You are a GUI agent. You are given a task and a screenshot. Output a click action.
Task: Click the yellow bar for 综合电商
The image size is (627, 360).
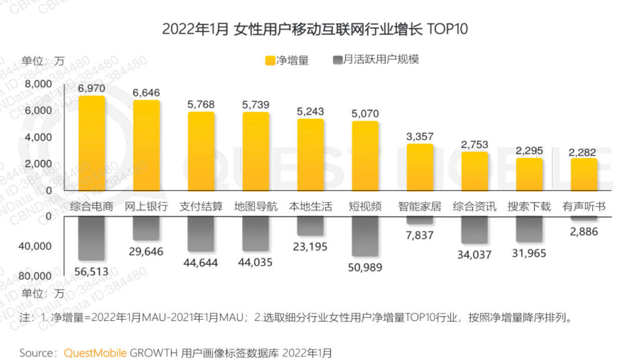(x=91, y=143)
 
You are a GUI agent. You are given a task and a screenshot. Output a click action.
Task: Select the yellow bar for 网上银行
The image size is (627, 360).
(x=146, y=146)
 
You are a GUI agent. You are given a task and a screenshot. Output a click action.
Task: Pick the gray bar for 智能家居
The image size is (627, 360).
(x=420, y=220)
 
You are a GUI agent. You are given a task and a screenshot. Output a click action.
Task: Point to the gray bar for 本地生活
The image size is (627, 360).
(x=310, y=226)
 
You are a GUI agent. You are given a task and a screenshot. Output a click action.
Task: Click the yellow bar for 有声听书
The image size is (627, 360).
(x=584, y=174)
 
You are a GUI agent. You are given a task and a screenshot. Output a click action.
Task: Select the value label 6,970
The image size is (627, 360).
(x=91, y=88)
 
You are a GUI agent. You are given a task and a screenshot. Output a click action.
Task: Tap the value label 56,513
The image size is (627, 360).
(x=91, y=271)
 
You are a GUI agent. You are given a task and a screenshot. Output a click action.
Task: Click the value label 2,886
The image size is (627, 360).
(x=584, y=232)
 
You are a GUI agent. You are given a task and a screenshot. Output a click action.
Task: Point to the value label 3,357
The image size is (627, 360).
(x=420, y=137)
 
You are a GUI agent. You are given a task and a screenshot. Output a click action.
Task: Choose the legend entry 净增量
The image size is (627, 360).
(x=287, y=60)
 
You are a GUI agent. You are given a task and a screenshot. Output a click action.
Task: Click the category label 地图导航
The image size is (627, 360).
(x=256, y=206)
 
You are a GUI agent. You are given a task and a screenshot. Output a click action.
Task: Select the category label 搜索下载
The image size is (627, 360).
(x=529, y=206)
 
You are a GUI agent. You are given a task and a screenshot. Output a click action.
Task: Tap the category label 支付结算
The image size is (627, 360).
(x=201, y=206)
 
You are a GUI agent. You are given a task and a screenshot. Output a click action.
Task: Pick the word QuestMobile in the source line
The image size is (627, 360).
(x=95, y=352)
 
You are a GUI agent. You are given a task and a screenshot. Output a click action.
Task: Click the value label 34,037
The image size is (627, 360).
(x=474, y=255)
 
